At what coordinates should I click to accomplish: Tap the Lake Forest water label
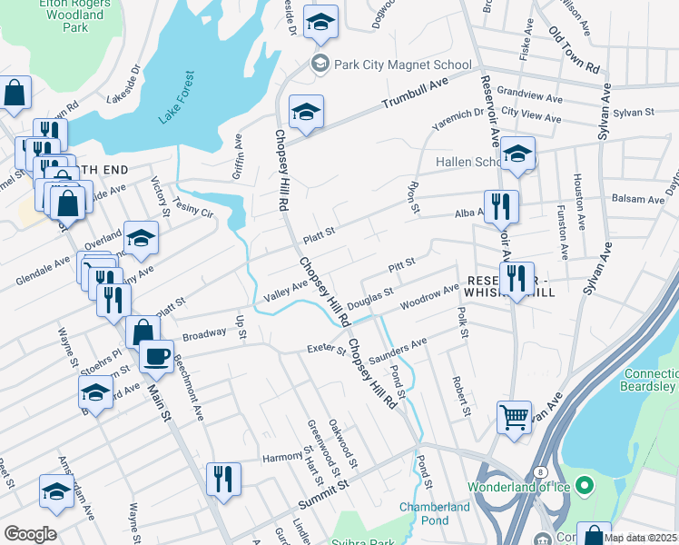(176, 98)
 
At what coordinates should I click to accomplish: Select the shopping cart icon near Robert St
(514, 419)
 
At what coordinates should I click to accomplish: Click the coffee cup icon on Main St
(156, 355)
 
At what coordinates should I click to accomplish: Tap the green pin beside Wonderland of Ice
(584, 482)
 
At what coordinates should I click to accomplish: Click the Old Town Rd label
(575, 51)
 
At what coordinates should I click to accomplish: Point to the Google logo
(30, 534)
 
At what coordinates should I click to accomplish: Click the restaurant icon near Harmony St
(223, 479)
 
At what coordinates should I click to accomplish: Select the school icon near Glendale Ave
(141, 238)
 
